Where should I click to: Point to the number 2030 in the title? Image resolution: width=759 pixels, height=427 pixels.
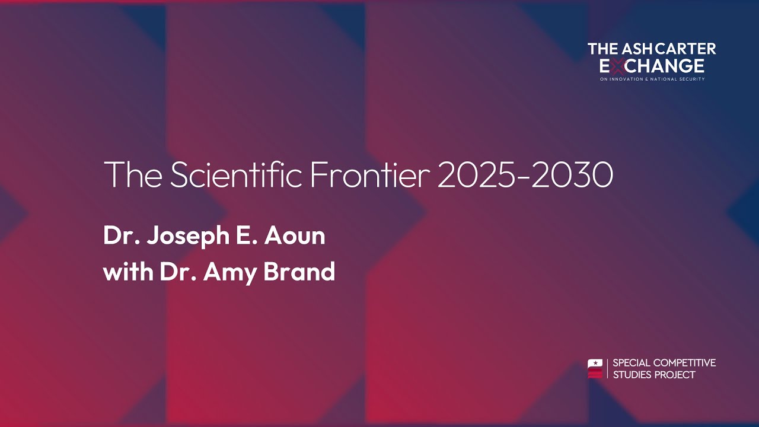572,174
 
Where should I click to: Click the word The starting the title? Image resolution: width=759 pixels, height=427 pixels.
133,174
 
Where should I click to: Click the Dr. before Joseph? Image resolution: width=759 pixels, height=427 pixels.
121,236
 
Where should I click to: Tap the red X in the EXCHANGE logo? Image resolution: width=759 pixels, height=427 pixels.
616,66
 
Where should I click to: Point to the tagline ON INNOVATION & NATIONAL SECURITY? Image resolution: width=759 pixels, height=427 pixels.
652,79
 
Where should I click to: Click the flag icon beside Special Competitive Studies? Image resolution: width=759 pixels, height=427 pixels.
595,368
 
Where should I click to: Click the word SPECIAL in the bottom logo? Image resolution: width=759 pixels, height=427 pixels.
631,362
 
